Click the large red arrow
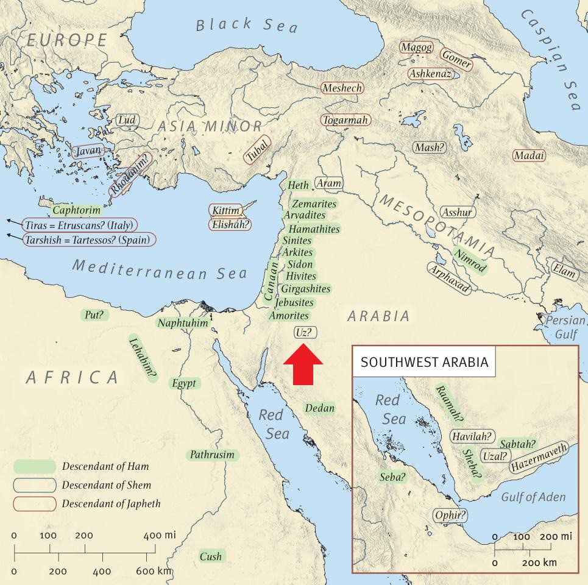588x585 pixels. point(303,364)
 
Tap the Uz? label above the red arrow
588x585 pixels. point(304,333)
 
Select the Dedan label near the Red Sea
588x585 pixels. point(320,408)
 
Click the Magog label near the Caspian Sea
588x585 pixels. point(416,48)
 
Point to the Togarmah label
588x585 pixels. point(345,120)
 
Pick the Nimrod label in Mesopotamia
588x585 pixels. point(470,261)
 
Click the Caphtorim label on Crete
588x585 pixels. point(76,210)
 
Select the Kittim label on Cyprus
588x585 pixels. point(225,211)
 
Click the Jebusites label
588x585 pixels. point(294,302)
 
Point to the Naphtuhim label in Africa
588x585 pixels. point(183,323)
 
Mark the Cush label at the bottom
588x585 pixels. point(211,556)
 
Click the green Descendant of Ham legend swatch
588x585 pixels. point(34,467)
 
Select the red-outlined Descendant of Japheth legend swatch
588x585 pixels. point(34,504)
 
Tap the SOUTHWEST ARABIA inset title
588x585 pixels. point(424,362)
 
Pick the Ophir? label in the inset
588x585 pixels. point(450,516)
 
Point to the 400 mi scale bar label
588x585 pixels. point(160,535)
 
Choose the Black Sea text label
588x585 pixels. point(247,25)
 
